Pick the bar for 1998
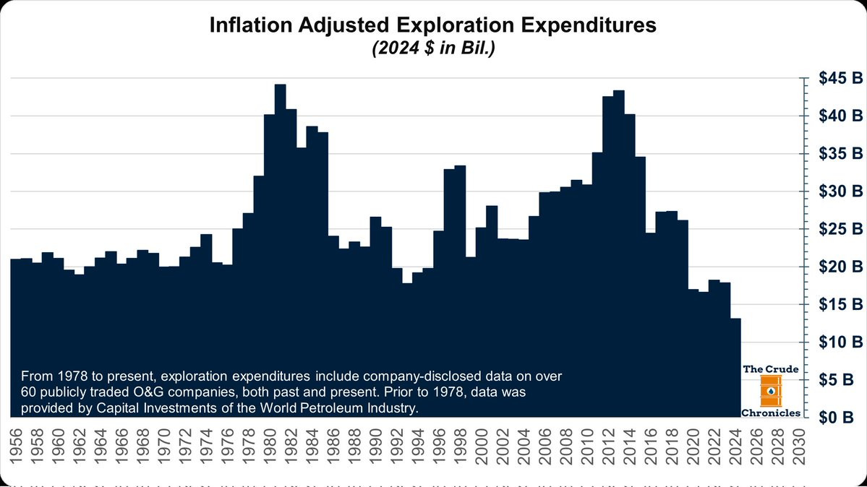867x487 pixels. (x=460, y=289)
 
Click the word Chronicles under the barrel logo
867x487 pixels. (x=771, y=413)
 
